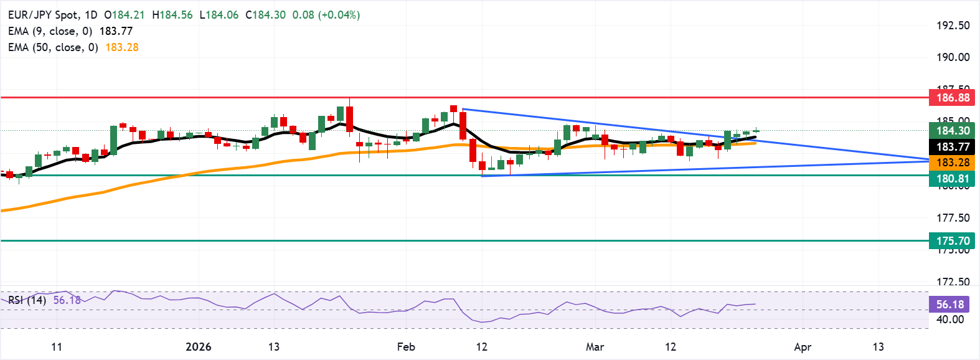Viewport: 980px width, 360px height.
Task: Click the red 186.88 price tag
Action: click(952, 98)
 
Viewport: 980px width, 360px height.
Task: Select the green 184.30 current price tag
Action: click(952, 131)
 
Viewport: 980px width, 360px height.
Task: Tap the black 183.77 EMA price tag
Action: click(952, 147)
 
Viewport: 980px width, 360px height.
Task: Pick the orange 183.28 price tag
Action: click(952, 163)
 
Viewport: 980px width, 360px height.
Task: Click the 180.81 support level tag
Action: click(952, 179)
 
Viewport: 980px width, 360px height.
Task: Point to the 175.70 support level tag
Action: click(952, 241)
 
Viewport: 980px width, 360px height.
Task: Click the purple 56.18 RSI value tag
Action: click(950, 305)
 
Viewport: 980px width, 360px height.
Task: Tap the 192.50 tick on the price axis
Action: click(953, 26)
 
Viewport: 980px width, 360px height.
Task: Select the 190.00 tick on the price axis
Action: click(953, 57)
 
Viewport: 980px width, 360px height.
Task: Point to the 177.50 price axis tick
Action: click(953, 218)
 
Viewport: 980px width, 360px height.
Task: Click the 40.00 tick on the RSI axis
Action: click(950, 320)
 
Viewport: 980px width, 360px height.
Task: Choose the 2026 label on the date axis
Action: click(198, 347)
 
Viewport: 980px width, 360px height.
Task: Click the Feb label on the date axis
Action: click(406, 347)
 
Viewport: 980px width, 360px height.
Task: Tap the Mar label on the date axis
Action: click(595, 347)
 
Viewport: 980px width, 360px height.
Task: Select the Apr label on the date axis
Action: click(803, 347)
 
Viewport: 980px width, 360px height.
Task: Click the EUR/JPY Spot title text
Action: click(43, 15)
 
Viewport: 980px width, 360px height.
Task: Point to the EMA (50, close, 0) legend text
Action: click(53, 47)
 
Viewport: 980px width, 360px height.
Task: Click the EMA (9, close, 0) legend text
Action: click(50, 31)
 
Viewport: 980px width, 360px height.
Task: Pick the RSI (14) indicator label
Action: click(27, 300)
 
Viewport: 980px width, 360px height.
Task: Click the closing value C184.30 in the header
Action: click(265, 15)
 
